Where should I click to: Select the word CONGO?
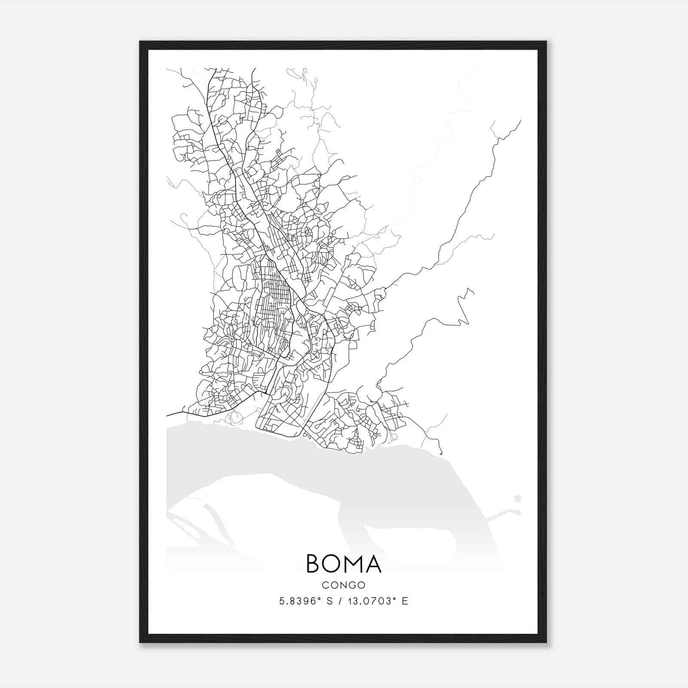344,585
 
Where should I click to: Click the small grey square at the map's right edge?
517,499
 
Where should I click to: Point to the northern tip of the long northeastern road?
520,121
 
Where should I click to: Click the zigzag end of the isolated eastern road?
469,292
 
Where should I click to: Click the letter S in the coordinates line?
329,601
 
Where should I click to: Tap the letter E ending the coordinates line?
405,601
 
